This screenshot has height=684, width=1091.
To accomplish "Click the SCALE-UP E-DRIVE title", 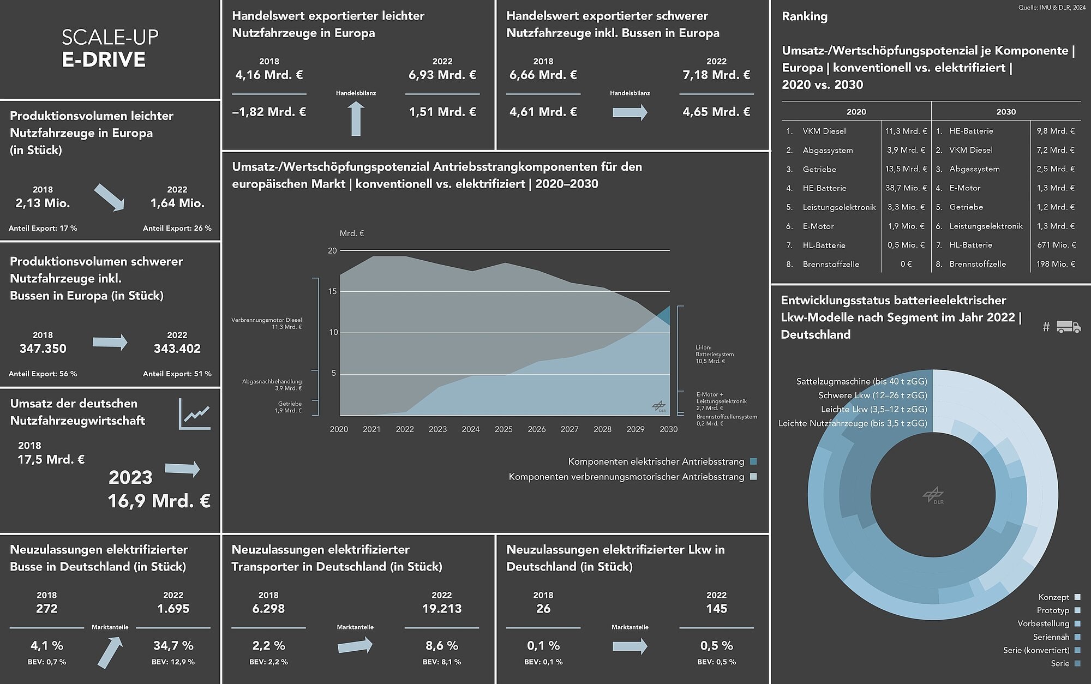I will point(110,48).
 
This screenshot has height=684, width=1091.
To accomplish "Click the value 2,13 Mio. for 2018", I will point(43,203).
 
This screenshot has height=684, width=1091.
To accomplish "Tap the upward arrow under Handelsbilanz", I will point(356,119).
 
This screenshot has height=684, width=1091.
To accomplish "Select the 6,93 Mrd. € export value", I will point(442,75).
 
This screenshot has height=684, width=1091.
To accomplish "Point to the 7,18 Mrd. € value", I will point(716,75).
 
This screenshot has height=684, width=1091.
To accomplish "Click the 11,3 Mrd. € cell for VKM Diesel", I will point(906,131).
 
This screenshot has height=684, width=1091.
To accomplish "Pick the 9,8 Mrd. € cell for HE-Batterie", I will point(1056,131).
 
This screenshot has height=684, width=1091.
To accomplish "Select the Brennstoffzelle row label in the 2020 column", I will point(830,264).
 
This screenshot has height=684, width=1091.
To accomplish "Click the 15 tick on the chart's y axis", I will point(333,292).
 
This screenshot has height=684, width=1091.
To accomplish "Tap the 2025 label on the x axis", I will point(503,429).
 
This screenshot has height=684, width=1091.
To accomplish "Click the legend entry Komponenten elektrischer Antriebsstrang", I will point(656,461).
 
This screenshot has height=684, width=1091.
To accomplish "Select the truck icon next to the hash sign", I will point(1068,327).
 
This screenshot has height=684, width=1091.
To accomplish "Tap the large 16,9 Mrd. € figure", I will point(159,501).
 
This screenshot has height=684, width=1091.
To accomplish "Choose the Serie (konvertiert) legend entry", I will point(1036,650).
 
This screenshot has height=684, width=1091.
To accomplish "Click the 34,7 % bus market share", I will point(173,646).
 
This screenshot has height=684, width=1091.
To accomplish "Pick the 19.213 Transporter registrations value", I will point(442,609).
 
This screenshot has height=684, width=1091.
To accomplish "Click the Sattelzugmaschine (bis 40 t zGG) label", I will point(861,381).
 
